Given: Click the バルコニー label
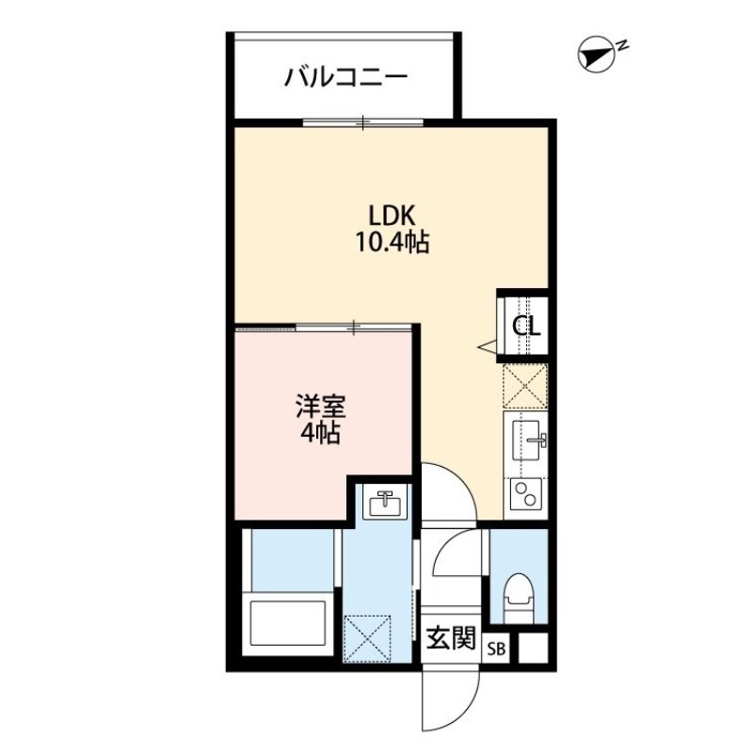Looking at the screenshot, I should (x=346, y=75).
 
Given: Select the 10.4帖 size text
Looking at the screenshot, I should (x=392, y=243).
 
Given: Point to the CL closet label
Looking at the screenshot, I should (x=526, y=327).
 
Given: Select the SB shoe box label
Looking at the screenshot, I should (x=497, y=649).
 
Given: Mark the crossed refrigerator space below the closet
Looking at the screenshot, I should (x=526, y=385).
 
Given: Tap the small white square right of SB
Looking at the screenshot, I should (x=532, y=649).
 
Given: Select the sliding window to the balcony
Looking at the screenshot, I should (x=363, y=120).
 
